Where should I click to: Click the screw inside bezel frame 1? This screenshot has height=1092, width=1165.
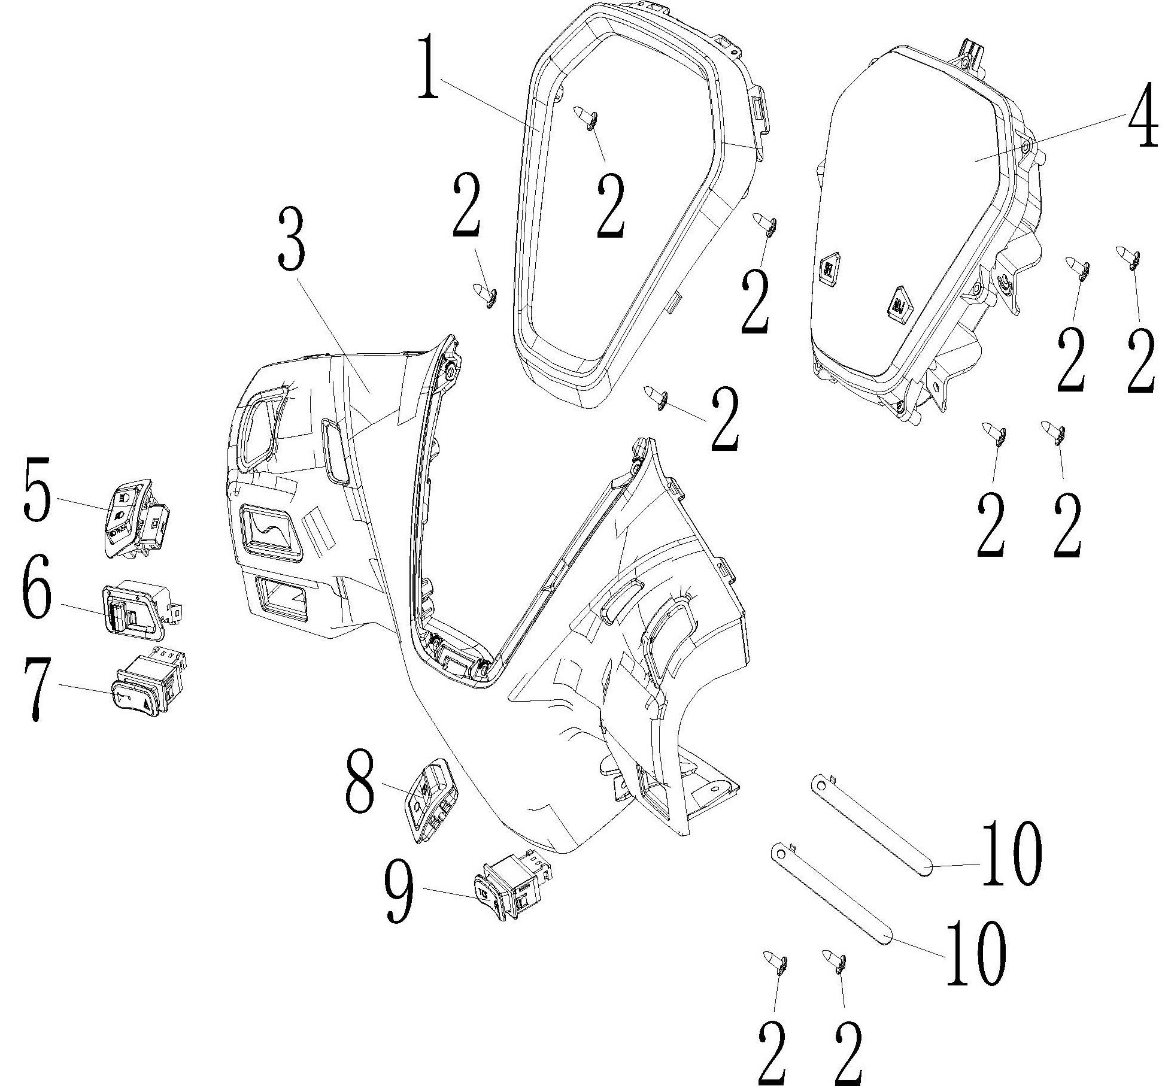[584, 117]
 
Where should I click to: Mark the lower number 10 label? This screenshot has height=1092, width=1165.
[974, 953]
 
